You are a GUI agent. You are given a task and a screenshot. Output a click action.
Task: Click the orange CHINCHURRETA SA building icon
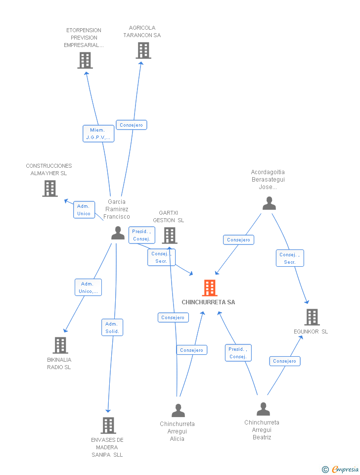point(210,288)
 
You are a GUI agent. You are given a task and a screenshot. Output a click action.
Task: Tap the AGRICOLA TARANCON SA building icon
point(143,50)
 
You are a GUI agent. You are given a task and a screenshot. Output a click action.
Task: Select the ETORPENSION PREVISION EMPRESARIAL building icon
point(85,60)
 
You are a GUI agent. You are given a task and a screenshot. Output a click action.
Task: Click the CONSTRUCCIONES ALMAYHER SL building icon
point(50,189)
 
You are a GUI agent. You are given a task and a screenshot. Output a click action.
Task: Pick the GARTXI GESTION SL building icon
point(170,236)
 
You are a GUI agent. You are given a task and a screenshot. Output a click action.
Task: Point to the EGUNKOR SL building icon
point(312,317)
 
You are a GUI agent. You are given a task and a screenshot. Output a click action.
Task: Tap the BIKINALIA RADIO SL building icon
point(60,345)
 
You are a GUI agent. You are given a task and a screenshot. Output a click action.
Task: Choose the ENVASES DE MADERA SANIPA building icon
point(108,426)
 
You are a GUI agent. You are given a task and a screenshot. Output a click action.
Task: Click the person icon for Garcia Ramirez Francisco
point(118,233)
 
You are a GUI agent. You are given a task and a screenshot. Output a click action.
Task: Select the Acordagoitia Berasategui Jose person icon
point(269,203)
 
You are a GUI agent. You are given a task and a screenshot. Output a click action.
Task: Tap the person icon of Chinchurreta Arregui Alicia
point(178,411)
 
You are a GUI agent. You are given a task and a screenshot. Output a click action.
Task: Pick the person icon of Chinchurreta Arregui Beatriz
point(263,409)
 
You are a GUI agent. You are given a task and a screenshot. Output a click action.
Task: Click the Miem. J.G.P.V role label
point(98,134)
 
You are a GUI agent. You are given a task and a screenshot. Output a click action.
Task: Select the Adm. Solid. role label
point(112,328)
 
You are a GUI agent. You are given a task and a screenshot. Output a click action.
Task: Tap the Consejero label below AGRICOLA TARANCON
point(132,125)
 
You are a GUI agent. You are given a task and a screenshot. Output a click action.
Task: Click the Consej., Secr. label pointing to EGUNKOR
point(290,258)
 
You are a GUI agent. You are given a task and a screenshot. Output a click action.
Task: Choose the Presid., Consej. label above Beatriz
point(238,353)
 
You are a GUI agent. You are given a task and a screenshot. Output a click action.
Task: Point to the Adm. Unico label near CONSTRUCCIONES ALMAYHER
point(84,210)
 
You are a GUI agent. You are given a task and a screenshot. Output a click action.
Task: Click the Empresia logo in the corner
point(340,469)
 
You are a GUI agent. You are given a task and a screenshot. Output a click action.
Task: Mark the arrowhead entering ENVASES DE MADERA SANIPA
point(108,411)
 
